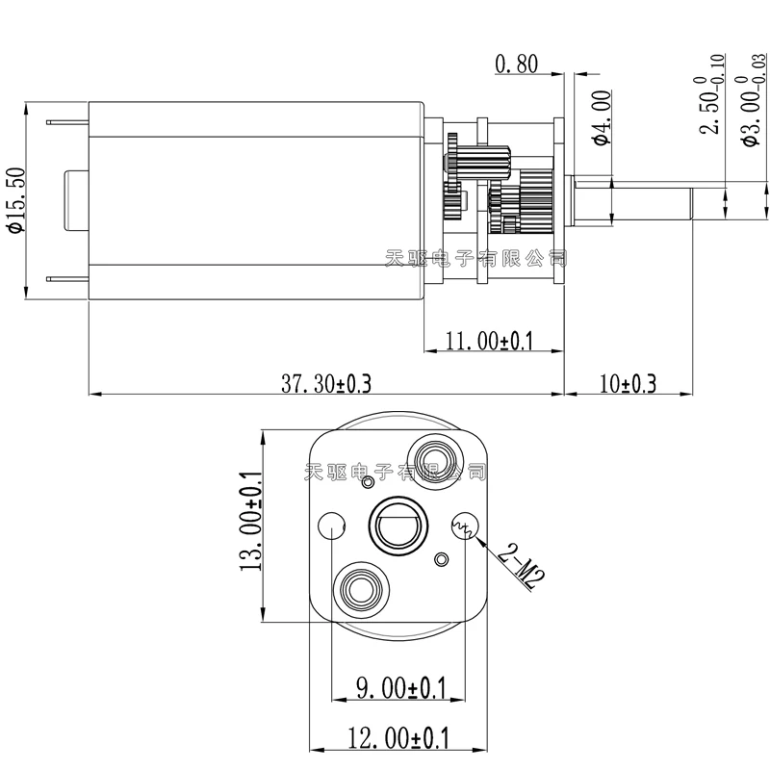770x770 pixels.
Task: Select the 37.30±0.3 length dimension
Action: click(x=325, y=384)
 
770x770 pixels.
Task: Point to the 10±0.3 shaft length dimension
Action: click(x=627, y=384)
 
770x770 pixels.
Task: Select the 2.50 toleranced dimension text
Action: click(x=710, y=106)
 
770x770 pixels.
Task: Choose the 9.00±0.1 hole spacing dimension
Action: click(x=401, y=687)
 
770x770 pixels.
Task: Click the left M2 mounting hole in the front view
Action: click(x=330, y=526)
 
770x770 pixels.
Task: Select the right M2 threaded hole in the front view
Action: click(x=463, y=526)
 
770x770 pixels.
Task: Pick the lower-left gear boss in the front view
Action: click(x=361, y=587)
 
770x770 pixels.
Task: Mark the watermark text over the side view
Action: click(x=475, y=258)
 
